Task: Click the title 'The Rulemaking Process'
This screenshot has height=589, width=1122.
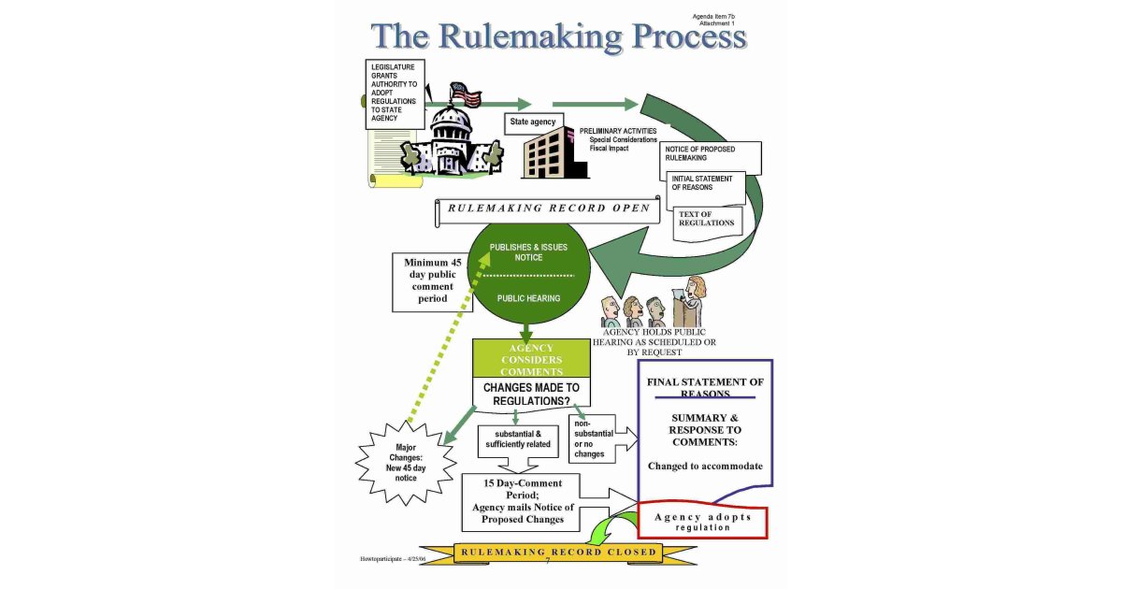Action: coord(559,36)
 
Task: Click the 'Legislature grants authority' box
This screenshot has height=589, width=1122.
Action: coord(395,93)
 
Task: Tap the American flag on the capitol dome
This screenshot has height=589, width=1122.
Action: coord(466,93)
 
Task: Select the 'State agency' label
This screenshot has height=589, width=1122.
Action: coord(533,122)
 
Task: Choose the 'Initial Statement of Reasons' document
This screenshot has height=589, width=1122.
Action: coord(707,185)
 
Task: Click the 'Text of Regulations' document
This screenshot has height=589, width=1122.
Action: coord(708,220)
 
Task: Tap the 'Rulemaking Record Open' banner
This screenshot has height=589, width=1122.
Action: coord(548,208)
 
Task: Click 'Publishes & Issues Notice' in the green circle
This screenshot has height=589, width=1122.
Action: coord(528,252)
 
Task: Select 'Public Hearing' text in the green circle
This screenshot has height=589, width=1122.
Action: coord(528,298)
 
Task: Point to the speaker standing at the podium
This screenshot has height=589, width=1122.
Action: coord(691,301)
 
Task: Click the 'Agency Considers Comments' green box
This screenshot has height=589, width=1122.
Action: coord(531,360)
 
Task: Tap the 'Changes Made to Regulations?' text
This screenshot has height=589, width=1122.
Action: coord(531,394)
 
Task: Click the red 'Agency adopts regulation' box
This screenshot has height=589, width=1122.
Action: coord(702,522)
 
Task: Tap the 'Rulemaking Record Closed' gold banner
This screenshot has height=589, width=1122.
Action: coord(557,553)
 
